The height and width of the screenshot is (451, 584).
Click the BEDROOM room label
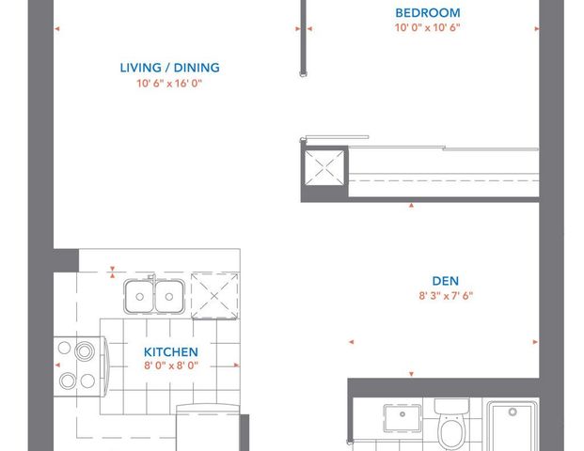tap(427, 12)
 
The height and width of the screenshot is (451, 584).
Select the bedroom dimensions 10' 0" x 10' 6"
tap(427, 28)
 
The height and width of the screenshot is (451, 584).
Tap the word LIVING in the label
tap(140, 68)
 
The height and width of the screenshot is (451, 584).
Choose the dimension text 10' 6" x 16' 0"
tap(169, 84)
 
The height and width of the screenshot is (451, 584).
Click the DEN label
tap(445, 280)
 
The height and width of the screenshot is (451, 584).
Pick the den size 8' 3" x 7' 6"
tap(445, 295)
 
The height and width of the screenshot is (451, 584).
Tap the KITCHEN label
tap(170, 352)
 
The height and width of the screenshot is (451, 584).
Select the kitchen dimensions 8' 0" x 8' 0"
tap(170, 367)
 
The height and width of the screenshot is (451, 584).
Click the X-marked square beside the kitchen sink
tap(214, 296)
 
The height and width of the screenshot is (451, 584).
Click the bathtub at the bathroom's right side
tap(512, 428)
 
